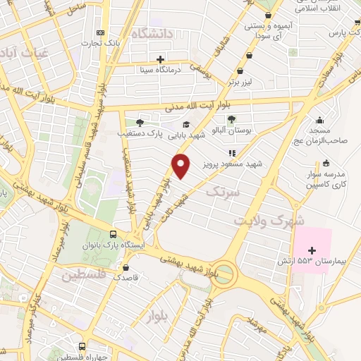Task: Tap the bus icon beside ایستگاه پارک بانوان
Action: (114, 235)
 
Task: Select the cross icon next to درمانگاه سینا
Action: (161, 59)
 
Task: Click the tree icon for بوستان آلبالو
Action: (233, 119)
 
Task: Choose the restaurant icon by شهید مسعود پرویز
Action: (229, 152)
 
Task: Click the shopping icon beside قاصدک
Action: (126, 268)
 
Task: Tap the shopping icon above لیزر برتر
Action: (241, 71)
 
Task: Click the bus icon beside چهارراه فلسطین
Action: (82, 346)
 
